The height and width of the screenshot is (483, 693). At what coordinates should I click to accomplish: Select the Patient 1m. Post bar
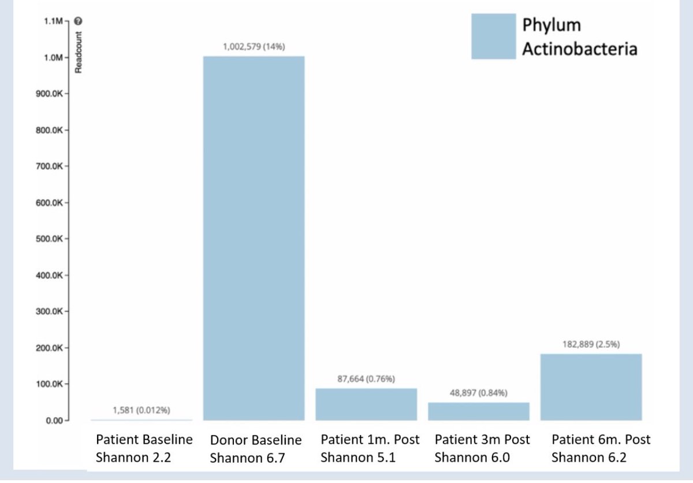click(x=366, y=404)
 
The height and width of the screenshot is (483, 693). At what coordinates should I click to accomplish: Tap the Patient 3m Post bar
click(x=479, y=411)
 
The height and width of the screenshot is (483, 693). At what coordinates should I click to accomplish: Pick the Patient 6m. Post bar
click(x=591, y=387)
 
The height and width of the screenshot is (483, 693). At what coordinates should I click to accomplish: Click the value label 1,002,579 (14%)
click(x=254, y=46)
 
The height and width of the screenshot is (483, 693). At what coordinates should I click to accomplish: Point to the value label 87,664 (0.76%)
click(x=366, y=379)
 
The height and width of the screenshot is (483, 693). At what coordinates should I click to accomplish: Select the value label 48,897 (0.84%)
click(x=479, y=393)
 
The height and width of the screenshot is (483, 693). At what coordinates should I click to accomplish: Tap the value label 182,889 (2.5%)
click(x=591, y=344)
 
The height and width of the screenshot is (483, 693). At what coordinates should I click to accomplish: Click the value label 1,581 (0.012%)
click(x=141, y=411)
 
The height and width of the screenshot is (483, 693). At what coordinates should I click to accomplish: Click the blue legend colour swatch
click(x=493, y=36)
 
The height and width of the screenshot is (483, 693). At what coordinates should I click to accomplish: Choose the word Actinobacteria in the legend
click(x=579, y=49)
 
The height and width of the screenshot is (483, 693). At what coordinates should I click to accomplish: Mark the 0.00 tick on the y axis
click(x=54, y=420)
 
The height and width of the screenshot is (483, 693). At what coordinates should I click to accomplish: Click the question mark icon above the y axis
click(x=79, y=21)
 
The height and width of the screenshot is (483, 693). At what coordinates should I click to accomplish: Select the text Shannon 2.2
click(x=133, y=458)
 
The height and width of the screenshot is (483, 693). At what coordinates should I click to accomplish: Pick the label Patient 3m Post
click(x=482, y=439)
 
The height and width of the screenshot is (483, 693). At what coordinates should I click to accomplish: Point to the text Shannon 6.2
click(x=588, y=458)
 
